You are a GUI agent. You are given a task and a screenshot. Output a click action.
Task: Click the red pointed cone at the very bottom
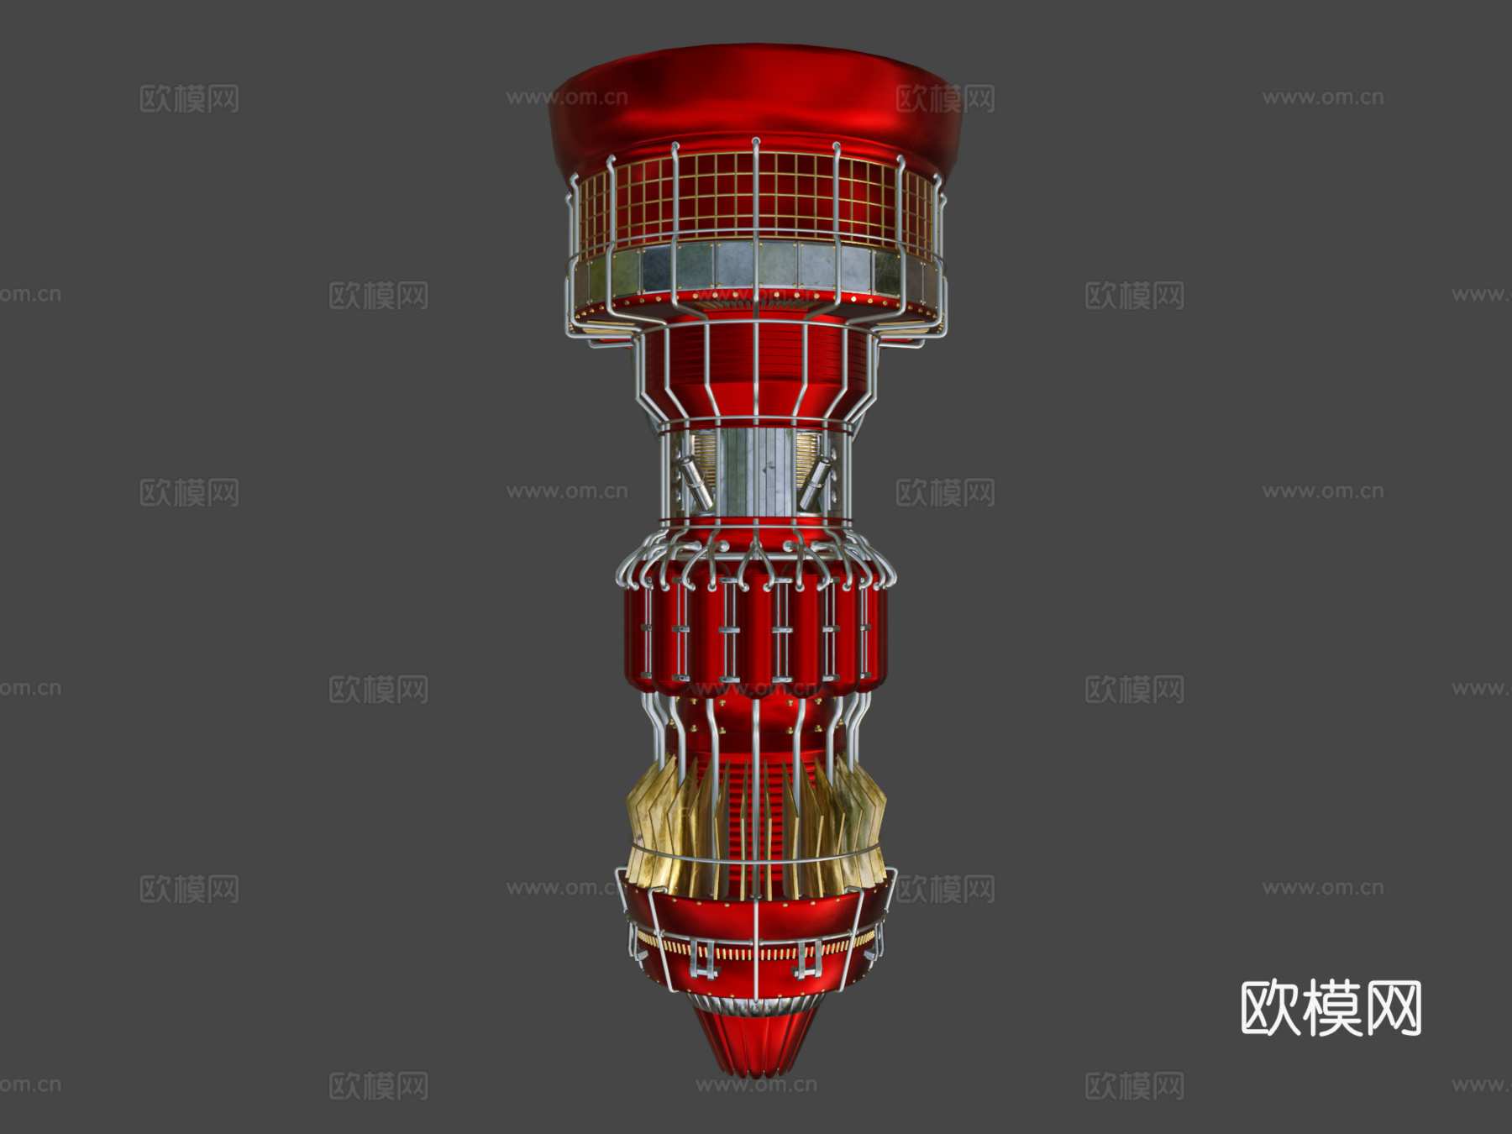click(x=756, y=1042)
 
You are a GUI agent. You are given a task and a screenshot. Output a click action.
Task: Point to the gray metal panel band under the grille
click(x=756, y=265)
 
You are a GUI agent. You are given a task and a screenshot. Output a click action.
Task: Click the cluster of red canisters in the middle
click(x=756, y=630)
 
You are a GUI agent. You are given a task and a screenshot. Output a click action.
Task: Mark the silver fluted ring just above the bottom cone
click(x=756, y=1004)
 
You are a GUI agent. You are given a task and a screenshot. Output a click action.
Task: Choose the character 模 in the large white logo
click(x=1331, y=1008)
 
